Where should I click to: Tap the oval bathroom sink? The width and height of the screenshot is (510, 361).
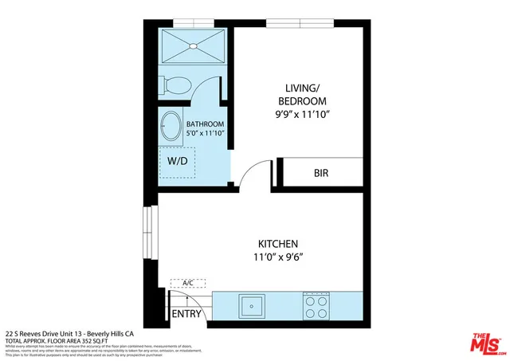point(171,126)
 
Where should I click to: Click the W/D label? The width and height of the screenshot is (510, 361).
point(178,161)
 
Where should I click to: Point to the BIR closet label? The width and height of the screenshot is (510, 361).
point(322,173)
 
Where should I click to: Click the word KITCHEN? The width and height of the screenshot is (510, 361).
point(277,243)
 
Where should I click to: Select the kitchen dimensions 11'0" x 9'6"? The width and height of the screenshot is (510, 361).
point(277,257)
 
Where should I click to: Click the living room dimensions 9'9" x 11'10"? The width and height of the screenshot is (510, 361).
point(302,115)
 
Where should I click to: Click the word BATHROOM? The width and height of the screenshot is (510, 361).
point(205,124)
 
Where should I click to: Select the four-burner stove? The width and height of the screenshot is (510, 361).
point(316,304)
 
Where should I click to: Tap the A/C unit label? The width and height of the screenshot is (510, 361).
point(189,283)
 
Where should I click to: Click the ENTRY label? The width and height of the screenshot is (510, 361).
point(186,314)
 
